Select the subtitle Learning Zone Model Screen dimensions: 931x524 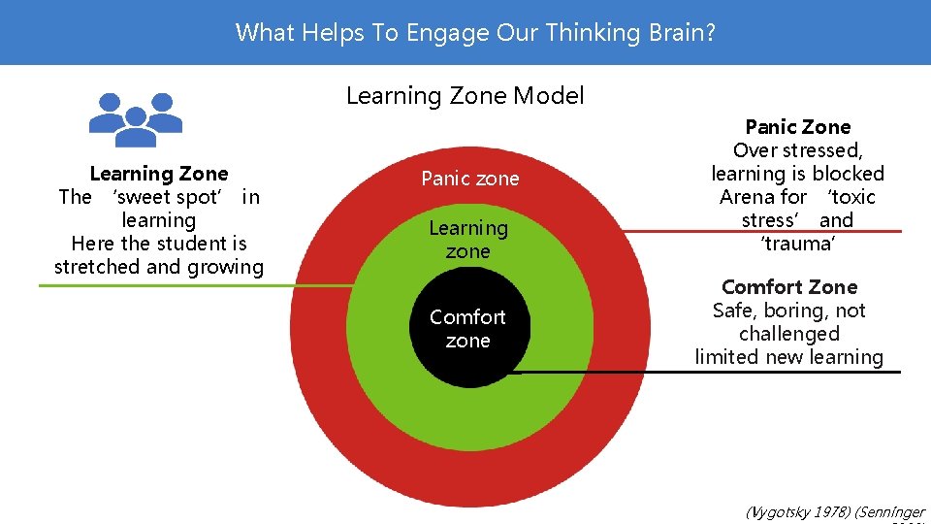click(x=465, y=95)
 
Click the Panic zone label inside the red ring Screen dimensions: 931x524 click(x=469, y=179)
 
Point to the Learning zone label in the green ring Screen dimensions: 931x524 click(x=468, y=240)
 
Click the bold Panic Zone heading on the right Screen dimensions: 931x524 click(x=797, y=127)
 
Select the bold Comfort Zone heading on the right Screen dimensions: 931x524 click(x=789, y=287)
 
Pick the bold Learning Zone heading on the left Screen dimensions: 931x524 click(x=158, y=174)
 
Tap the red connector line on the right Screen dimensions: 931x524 click(x=776, y=231)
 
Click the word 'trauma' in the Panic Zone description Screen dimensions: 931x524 click(x=798, y=244)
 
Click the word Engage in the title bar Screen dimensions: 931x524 click(x=450, y=32)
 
